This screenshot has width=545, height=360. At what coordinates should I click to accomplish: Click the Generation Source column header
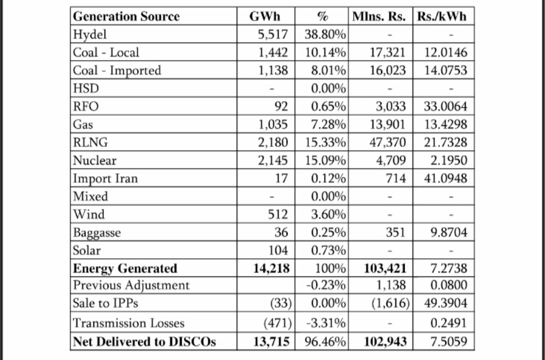click(126, 17)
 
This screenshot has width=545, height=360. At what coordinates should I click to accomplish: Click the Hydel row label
click(90, 35)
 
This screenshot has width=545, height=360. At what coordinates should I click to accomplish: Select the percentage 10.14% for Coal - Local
click(326, 52)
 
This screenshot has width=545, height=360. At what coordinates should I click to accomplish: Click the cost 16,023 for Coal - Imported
click(388, 71)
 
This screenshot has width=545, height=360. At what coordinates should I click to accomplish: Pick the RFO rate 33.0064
click(446, 106)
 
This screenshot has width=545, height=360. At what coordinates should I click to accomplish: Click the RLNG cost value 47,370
click(388, 143)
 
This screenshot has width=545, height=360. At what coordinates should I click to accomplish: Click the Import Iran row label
click(105, 178)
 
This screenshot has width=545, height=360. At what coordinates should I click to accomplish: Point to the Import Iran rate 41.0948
click(446, 178)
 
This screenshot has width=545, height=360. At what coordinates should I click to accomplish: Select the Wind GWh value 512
click(278, 214)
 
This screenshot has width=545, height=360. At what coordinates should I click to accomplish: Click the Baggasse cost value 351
click(396, 232)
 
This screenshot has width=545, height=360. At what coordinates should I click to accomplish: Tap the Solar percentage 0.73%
click(329, 251)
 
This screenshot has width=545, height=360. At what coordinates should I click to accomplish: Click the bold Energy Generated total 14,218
click(271, 268)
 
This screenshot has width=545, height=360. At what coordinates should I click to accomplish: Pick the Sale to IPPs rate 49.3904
click(446, 304)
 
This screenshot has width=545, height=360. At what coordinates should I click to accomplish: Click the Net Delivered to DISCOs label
click(144, 341)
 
